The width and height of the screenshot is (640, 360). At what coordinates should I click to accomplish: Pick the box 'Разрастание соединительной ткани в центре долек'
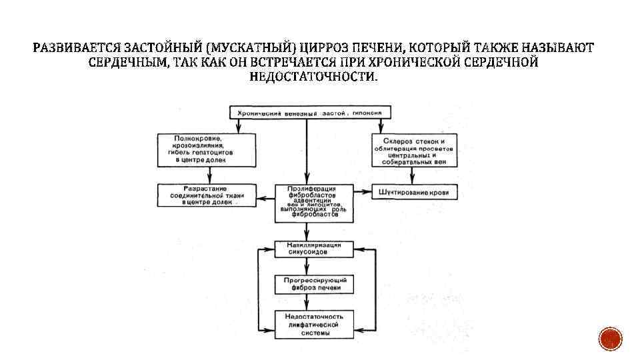[207, 195]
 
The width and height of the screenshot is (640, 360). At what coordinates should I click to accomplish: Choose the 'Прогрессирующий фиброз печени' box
[307, 284]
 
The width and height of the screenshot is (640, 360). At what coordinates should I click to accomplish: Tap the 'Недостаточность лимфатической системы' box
[307, 324]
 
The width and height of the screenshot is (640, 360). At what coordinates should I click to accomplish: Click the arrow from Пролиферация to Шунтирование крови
[363, 193]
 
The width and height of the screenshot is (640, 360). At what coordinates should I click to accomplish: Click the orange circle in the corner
[610, 339]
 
